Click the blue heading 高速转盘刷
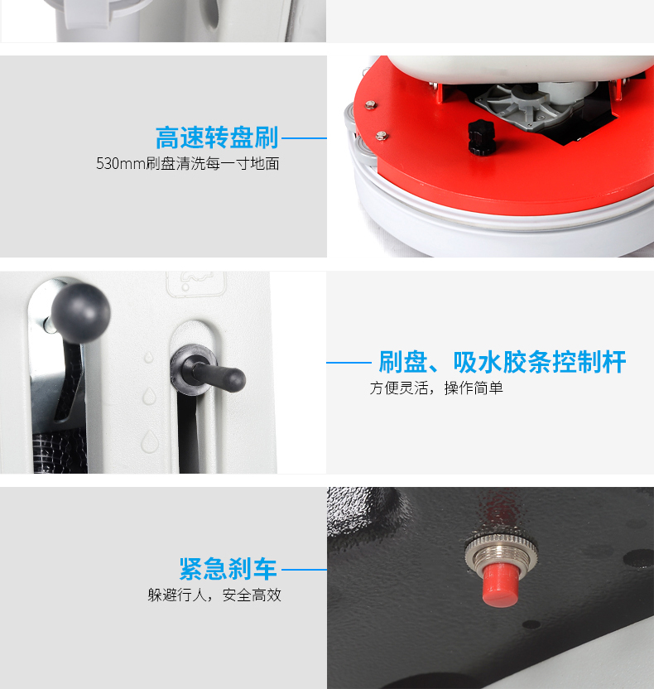pyautogui.click(x=217, y=137)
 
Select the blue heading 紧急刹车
pyautogui.click(x=228, y=569)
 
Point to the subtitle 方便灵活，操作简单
pyautogui.click(x=436, y=388)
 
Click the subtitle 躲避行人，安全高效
pyautogui.click(x=214, y=595)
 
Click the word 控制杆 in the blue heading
pyautogui.click(x=589, y=362)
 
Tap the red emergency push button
pyautogui.click(x=500, y=584)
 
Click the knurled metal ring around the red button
pyautogui.click(x=501, y=553)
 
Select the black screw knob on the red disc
pyautogui.click(x=481, y=137)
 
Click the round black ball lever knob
pyautogui.click(x=81, y=312)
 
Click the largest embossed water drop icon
pyautogui.click(x=150, y=441)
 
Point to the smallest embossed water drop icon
pyautogui.click(x=149, y=357)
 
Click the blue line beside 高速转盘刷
pyautogui.click(x=304, y=138)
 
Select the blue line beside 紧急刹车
pyautogui.click(x=304, y=570)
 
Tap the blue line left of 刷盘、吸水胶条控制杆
pyautogui.click(x=349, y=363)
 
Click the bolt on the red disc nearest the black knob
pyautogui.click(x=382, y=135)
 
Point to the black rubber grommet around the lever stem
pyautogui.click(x=194, y=370)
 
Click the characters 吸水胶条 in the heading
pyautogui.click(x=502, y=362)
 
